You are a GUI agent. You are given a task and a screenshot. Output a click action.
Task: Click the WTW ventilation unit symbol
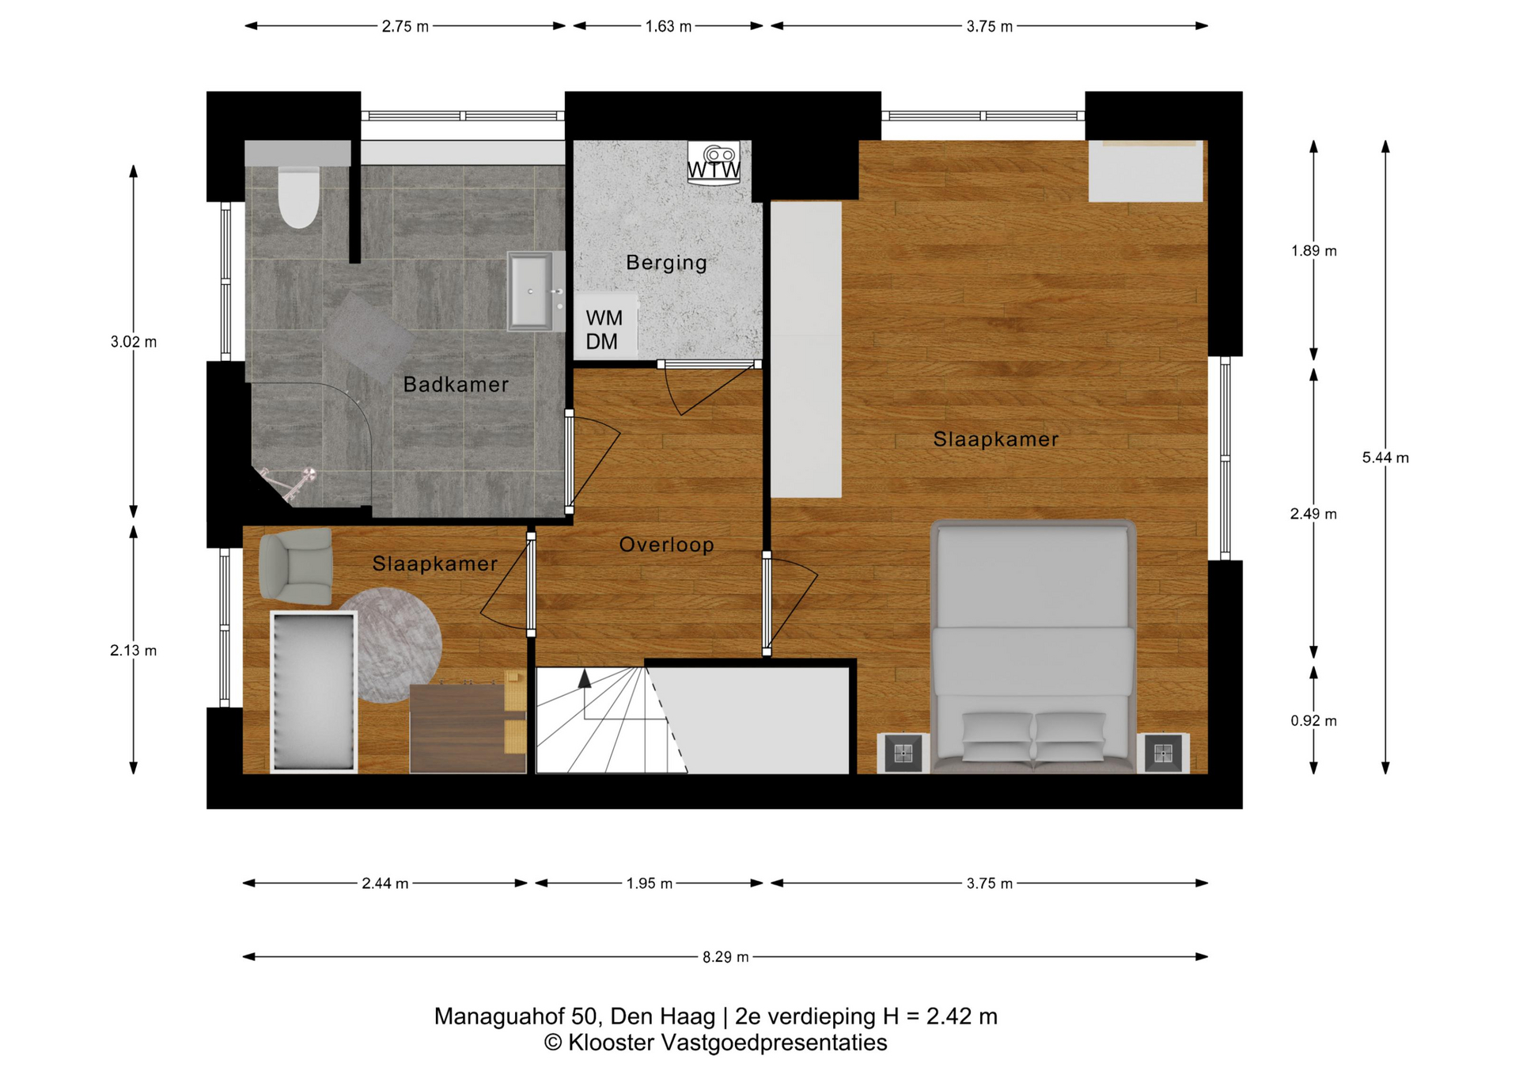[x=714, y=162]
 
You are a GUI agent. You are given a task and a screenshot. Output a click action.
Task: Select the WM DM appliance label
[x=604, y=329]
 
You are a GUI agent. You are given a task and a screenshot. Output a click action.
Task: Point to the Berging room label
[x=666, y=262]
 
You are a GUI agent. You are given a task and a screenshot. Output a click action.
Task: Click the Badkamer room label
[x=456, y=385]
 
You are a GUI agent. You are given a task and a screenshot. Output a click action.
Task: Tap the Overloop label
[x=666, y=545]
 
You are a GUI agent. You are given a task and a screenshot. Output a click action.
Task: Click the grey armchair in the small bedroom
[x=296, y=565]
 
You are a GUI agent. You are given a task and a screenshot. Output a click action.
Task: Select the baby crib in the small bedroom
[x=314, y=691]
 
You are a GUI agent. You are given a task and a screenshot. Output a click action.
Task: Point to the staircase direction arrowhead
[x=584, y=678]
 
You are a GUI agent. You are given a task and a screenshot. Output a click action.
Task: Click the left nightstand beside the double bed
[x=903, y=753]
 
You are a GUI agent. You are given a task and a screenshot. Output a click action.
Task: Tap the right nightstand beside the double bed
[x=1162, y=753]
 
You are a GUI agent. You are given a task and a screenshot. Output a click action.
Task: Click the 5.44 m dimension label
[x=1385, y=458]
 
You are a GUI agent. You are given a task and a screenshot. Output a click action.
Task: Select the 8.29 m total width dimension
[x=725, y=957]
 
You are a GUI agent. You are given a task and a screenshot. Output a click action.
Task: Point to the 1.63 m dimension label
[x=669, y=26]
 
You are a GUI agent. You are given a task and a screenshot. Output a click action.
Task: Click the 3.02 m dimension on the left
[x=134, y=342]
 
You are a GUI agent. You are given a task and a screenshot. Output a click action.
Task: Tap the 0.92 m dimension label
[x=1313, y=720]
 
